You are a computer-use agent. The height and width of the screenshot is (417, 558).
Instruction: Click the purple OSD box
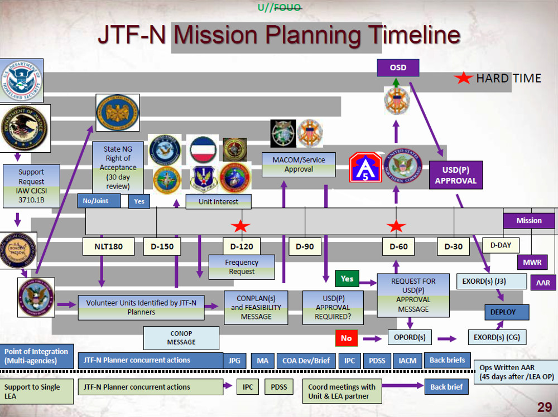tap(398, 68)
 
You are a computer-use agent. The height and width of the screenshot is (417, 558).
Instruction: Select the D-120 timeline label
tap(242, 246)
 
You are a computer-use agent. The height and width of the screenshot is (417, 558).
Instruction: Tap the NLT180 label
tap(109, 246)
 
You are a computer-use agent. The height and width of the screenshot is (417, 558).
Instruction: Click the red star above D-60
tap(396, 226)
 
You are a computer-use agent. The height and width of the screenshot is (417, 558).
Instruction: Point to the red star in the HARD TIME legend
tap(464, 79)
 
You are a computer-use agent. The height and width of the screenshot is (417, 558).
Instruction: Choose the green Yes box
tap(347, 278)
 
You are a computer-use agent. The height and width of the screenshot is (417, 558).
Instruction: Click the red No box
tap(346, 338)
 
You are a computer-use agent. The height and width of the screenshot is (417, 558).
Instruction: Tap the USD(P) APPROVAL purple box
tap(455, 176)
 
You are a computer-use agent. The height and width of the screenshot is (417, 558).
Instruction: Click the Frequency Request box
tap(242, 267)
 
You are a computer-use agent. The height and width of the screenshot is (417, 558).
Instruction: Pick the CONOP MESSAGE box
tap(181, 338)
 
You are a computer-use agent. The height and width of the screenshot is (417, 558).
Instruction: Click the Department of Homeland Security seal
tap(21, 80)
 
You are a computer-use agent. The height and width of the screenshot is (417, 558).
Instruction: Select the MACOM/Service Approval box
tap(299, 164)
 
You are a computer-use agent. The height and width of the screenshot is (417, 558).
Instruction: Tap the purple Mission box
tap(528, 220)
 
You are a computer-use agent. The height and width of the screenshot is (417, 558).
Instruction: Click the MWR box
tap(528, 261)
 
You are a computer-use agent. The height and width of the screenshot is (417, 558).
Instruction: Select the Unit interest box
tap(218, 202)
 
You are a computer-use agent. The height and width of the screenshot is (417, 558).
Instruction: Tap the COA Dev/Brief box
tap(306, 361)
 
